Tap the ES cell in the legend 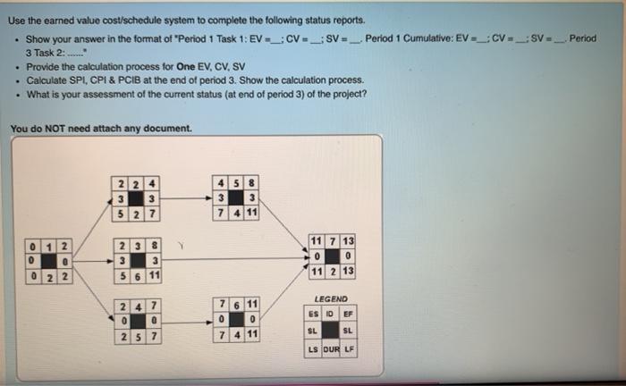[313, 315]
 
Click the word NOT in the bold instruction [68, 129]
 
